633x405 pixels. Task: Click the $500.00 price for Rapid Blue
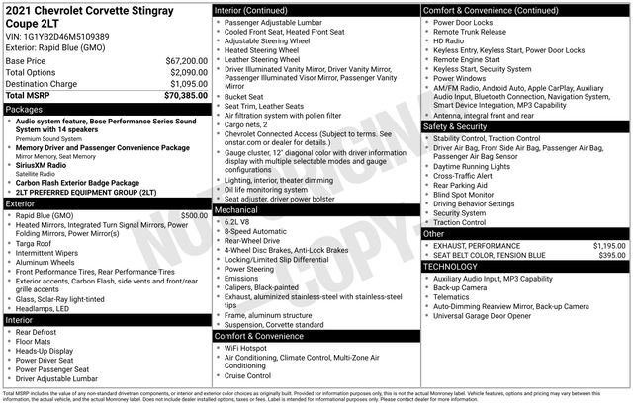(194, 214)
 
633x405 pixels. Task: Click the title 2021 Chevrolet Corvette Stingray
(89, 10)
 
